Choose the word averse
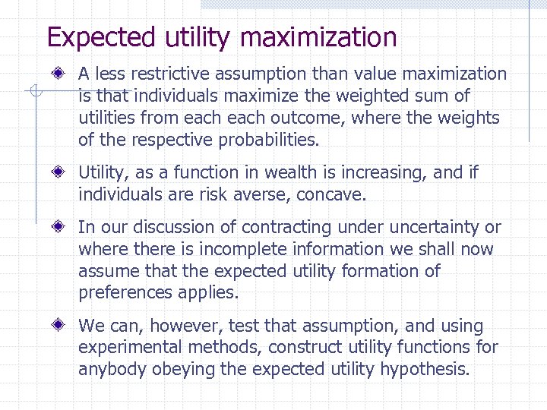click(264, 195)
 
